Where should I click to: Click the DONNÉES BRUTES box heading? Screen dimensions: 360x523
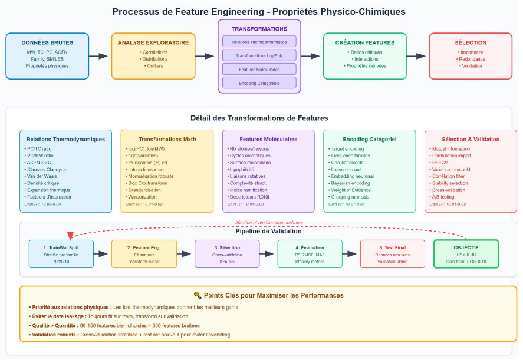47,42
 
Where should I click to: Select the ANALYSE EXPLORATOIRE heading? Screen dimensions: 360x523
153,42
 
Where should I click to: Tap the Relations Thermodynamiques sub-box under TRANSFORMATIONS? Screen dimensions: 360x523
259,41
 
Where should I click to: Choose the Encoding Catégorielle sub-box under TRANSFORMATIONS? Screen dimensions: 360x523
259,83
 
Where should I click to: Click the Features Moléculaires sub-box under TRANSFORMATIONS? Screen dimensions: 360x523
259,69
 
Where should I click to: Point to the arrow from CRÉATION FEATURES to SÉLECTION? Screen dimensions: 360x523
416,56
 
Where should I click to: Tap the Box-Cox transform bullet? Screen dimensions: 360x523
148,183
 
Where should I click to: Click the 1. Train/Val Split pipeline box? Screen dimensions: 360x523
57,254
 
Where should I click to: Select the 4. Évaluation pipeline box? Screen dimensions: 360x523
310,254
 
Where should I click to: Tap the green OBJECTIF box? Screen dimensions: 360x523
466,254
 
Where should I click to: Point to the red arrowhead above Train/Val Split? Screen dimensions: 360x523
71,236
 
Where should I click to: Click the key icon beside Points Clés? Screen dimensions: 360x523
197,295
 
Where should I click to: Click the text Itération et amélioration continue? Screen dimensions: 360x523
268,223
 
